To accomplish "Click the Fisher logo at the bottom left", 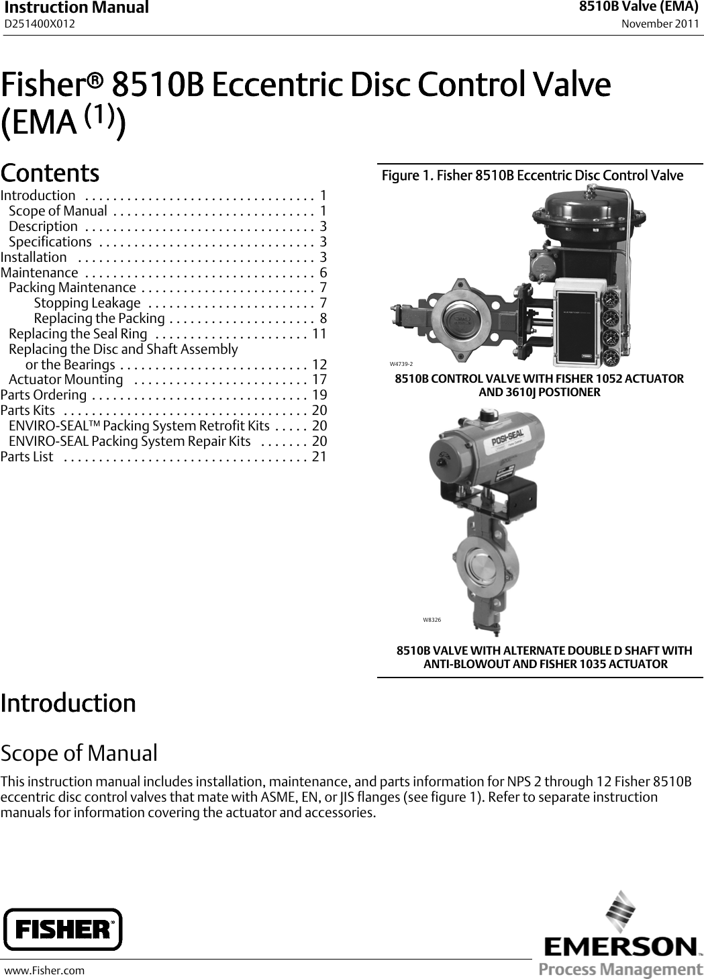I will [63, 929].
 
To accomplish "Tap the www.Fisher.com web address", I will [46, 970].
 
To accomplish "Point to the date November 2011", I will [660, 24].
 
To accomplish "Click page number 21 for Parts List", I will [319, 457].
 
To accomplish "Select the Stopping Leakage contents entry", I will [87, 303].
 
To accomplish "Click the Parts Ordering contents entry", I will [44, 395].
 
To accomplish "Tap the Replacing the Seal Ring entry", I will [78, 334].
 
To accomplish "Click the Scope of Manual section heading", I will [79, 753].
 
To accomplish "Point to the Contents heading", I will [50, 173].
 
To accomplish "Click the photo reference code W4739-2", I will [401, 363].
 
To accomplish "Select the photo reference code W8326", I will [432, 620].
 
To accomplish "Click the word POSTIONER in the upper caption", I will [567, 392].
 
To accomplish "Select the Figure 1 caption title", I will [532, 176].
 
